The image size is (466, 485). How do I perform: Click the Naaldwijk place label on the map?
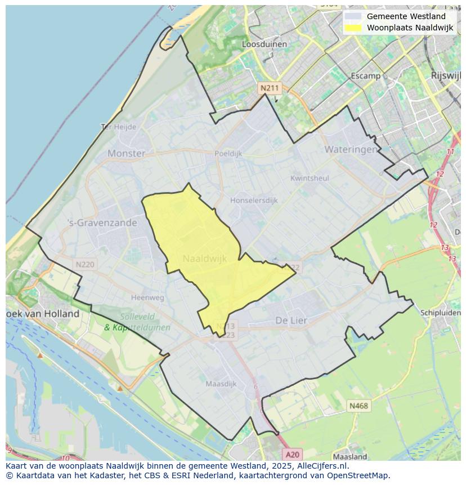coord(205,259)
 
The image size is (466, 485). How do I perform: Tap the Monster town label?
coord(126,153)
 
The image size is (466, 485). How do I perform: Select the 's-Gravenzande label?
coord(102,223)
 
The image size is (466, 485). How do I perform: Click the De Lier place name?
coord(292,321)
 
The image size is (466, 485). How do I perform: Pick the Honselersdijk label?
coord(254,200)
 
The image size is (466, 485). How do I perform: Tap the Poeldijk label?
coord(228,153)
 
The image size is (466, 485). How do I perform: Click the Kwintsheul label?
coord(310,178)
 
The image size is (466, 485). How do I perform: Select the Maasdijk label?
coord(221,384)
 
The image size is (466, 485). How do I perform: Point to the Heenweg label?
coord(147,297)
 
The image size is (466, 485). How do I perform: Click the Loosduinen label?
coord(264,44)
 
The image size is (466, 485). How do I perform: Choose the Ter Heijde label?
coord(118,127)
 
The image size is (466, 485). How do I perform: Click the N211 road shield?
coord(269,88)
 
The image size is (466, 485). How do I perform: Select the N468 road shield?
coord(359,406)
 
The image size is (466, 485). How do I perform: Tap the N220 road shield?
coord(85,264)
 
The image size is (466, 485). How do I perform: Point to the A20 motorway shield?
coord(292,454)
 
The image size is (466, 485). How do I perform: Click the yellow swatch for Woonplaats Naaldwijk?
coord(353,28)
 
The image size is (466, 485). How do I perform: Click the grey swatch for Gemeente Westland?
coord(353,16)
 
